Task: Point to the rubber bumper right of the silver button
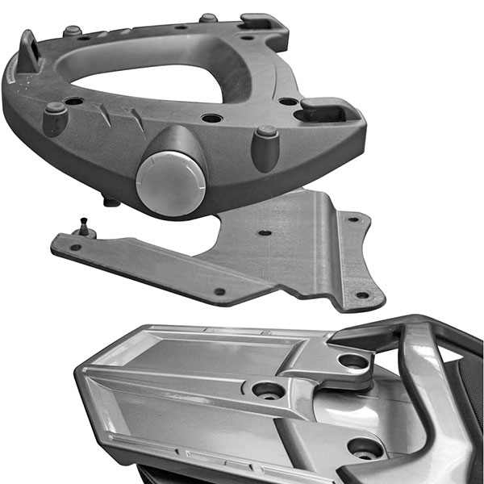pos(265,146)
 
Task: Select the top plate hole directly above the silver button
pos(211,119)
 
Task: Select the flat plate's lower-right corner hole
pos(362,295)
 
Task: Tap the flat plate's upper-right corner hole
pos(353,219)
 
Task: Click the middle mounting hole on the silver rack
pos(269,390)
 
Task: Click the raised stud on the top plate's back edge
pos(208,18)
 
